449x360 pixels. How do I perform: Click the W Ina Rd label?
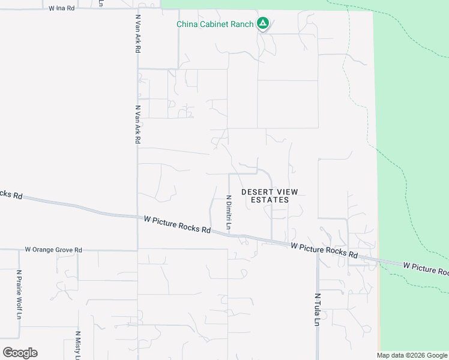62,8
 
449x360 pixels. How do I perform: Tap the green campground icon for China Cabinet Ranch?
262,24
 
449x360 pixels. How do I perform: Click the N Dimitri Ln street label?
228,212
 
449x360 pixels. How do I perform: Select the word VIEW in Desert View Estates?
285,192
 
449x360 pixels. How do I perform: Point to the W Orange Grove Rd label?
53,250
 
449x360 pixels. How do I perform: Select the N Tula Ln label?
317,310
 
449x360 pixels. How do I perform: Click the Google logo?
20,352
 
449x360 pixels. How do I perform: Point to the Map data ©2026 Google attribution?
412,355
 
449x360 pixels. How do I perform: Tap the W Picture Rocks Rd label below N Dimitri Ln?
177,224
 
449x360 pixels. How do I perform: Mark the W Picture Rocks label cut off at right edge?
426,267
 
